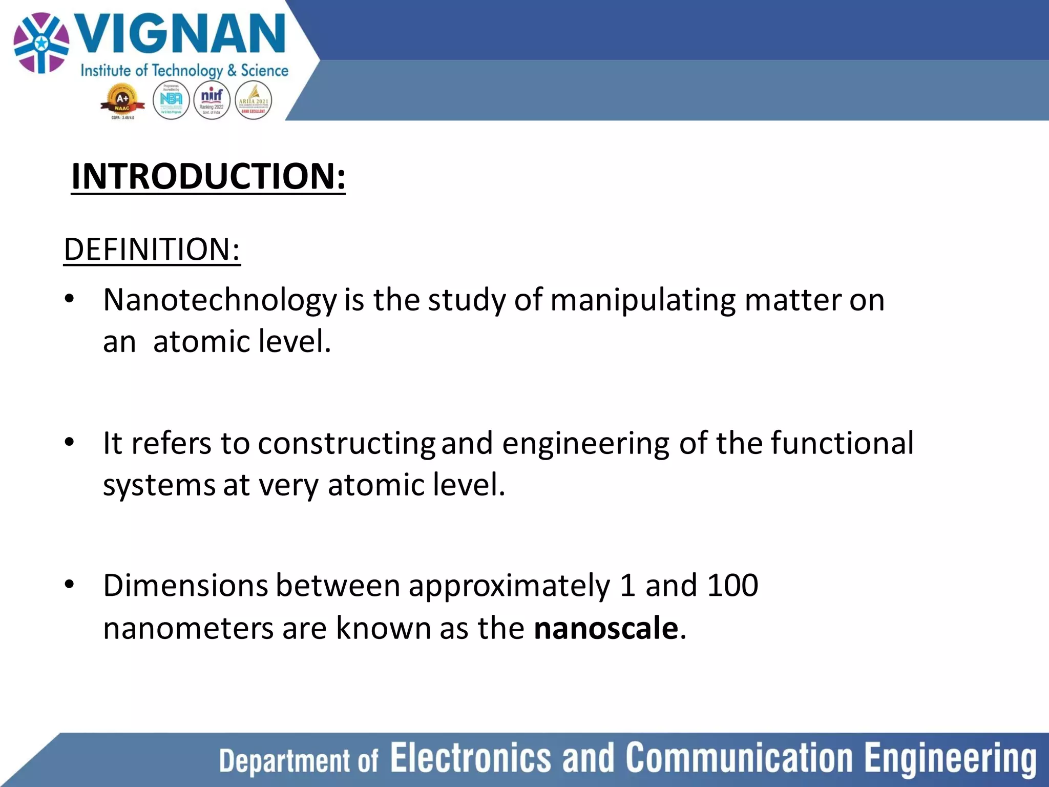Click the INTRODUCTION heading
208,176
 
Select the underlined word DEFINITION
152,250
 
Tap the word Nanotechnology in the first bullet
220,300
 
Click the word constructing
346,444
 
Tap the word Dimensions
185,585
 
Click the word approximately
509,586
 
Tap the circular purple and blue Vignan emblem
41,43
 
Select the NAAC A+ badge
122,101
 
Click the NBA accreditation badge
171,100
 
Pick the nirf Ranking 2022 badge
212,100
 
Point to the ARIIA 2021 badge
253,100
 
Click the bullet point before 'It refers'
70,442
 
